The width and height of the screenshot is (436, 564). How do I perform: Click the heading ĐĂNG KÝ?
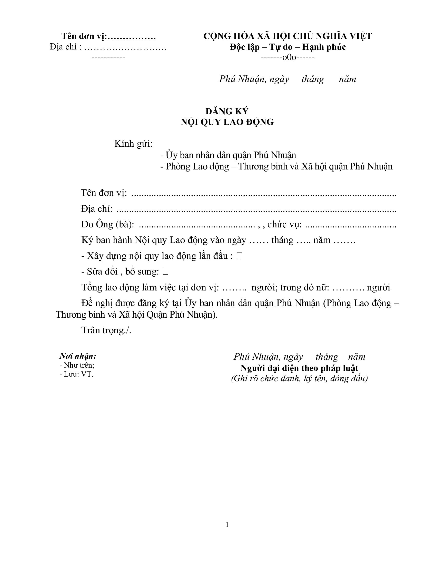(227, 111)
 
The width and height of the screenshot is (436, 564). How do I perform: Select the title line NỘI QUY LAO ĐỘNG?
(227, 122)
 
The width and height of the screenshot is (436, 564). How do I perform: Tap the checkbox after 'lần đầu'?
(240, 256)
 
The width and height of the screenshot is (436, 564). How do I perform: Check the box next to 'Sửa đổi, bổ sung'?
(165, 272)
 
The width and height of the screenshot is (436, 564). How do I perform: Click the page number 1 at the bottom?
(227, 525)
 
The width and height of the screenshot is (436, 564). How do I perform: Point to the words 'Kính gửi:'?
(133, 144)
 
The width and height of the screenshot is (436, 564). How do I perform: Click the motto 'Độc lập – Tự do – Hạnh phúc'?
(288, 47)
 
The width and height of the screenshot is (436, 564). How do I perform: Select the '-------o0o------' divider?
(288, 57)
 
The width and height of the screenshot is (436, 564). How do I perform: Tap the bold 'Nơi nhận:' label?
(78, 356)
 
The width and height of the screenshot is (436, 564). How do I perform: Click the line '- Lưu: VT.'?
(76, 374)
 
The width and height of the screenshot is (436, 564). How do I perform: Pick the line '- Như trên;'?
(77, 365)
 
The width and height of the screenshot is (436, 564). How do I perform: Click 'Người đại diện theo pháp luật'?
(299, 368)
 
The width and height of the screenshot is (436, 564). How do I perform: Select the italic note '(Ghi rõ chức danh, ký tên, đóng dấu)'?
(299, 379)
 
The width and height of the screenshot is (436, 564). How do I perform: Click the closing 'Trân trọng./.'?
(106, 330)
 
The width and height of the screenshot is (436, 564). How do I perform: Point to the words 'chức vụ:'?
(284, 224)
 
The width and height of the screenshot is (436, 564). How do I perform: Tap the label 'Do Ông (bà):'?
(108, 224)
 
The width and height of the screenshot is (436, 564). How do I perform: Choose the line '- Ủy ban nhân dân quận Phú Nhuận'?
(228, 155)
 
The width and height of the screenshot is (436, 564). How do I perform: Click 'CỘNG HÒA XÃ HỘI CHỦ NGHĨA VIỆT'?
(288, 36)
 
